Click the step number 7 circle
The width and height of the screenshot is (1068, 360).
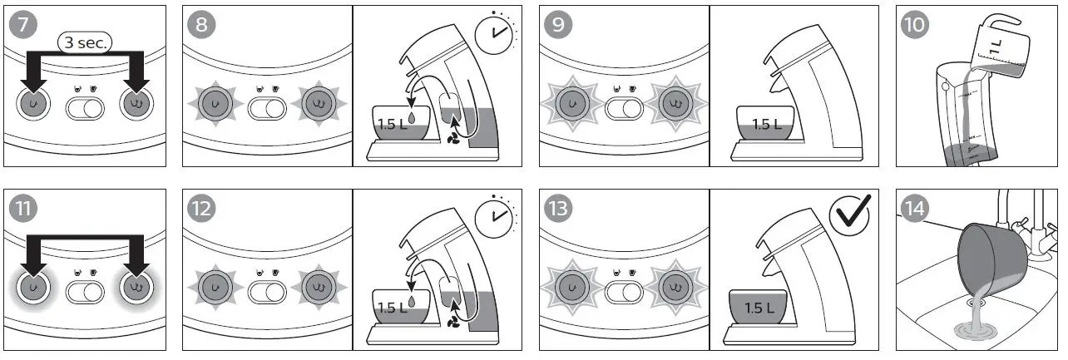(x=23, y=25)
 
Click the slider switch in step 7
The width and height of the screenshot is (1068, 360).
(x=85, y=106)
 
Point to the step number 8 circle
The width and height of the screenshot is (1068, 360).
(x=200, y=25)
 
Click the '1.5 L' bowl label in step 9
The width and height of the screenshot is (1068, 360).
(x=766, y=125)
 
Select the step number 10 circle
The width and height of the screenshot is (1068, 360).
(x=916, y=25)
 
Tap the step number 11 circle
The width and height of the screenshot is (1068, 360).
(x=23, y=208)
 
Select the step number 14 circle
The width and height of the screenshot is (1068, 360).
(x=916, y=208)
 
